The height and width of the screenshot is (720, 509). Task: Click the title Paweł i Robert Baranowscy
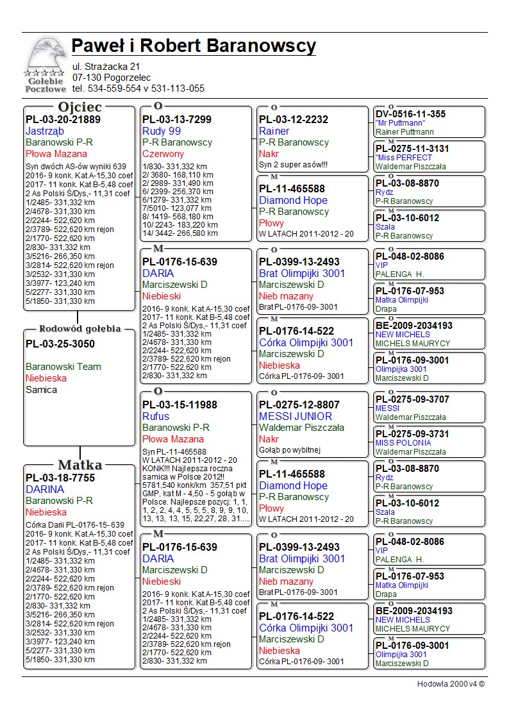[194, 46]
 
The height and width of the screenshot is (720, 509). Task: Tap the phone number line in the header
[138, 89]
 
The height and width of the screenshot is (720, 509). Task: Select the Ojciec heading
[79, 107]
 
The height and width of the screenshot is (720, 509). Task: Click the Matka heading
[79, 465]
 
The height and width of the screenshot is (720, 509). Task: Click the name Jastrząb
[45, 131]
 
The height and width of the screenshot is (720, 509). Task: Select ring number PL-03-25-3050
[60, 344]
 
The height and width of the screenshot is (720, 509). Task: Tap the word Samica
[41, 390]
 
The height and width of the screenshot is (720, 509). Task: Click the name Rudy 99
[162, 131]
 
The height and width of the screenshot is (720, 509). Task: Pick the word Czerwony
[163, 155]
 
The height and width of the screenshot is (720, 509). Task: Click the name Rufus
[156, 417]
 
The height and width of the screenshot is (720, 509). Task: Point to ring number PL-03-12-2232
[294, 120]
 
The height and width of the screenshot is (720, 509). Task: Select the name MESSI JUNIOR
[296, 417]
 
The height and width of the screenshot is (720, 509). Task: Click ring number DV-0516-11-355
[410, 115]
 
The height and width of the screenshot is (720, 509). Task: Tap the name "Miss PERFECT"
[404, 158]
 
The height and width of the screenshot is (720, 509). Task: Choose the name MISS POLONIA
[403, 443]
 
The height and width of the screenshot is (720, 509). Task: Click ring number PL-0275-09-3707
[412, 399]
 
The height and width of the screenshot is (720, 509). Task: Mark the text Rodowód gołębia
[79, 329]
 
